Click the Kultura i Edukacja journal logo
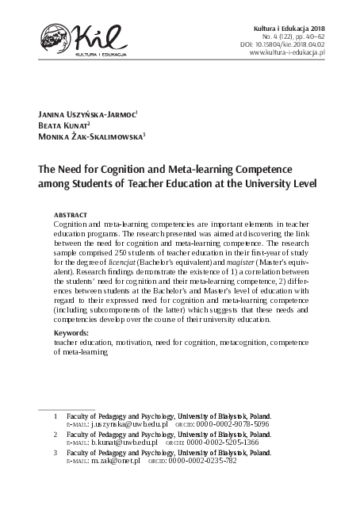[x=76, y=39]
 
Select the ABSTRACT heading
[x=71, y=216]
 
